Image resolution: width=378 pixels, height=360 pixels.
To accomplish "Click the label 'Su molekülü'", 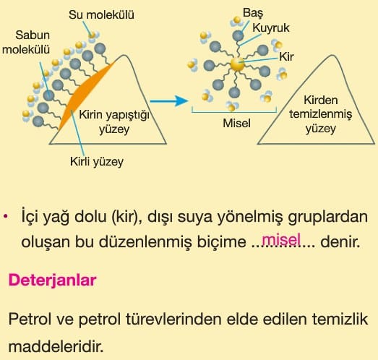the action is point(101,15).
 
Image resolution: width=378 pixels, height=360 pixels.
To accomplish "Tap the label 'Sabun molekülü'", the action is point(26,42).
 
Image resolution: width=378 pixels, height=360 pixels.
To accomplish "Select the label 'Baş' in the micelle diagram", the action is point(253,13).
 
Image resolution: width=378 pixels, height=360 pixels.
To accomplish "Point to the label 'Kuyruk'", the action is point(271,28).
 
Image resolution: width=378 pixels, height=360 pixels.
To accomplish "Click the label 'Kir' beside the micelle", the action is point(286,57).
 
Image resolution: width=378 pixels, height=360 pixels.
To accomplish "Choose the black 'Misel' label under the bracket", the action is point(237,123).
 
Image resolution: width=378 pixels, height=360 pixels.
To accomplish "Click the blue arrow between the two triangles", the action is point(168,100).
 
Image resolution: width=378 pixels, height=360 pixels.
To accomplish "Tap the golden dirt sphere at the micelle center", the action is point(238,64).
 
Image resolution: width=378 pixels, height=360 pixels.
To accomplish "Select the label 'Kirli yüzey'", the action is point(97,161).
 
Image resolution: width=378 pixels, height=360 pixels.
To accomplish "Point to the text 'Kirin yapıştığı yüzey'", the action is point(114,122).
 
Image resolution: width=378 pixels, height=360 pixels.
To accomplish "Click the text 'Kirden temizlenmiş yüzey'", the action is point(321,114).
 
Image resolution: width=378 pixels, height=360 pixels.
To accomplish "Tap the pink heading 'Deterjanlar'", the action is point(52,280).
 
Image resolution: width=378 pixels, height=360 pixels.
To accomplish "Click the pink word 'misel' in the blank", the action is point(281,239).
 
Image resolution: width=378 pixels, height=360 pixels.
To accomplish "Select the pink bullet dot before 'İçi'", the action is point(6,217).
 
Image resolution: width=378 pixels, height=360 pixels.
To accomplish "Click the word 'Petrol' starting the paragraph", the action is point(30,319).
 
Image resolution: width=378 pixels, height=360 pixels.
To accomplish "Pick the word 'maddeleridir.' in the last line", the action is point(56,346).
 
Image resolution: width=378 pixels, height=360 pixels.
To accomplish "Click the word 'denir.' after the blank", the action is point(340,241).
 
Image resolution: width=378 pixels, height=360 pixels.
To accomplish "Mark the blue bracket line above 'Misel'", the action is point(234,112).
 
